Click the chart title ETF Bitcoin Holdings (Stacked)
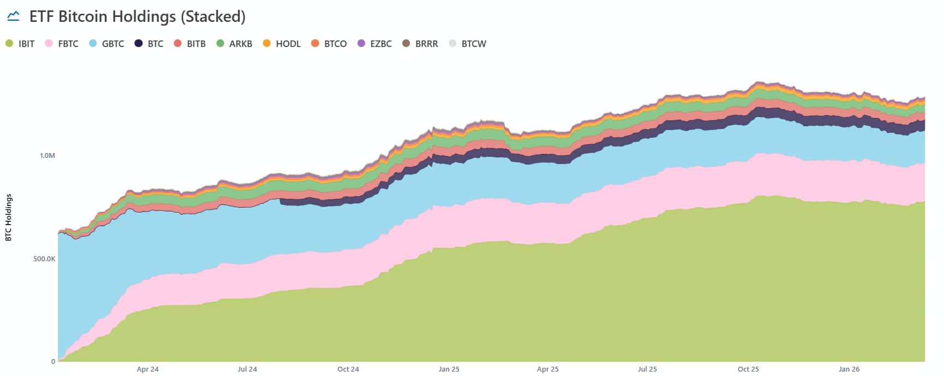click(137, 16)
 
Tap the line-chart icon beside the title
click(13, 16)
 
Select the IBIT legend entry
click(20, 44)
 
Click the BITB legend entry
click(190, 44)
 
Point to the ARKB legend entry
click(234, 44)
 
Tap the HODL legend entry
click(282, 44)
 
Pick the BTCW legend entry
click(467, 44)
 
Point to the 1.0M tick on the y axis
click(48, 156)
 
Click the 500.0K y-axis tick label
click(44, 258)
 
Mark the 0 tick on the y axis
click(53, 361)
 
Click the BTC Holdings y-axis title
click(8, 218)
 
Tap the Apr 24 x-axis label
click(148, 369)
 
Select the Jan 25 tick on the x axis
click(449, 369)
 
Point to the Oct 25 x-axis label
click(748, 369)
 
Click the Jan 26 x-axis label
click(849, 369)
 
